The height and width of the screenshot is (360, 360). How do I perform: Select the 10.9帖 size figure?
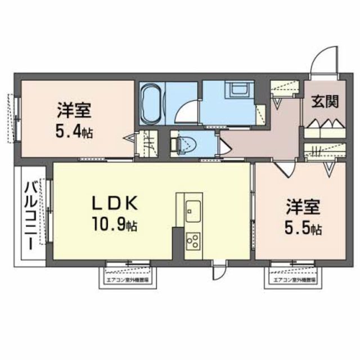115,226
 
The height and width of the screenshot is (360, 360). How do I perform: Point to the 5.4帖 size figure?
74,133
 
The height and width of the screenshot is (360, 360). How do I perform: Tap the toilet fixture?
181,144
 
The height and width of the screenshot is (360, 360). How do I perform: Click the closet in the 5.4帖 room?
147,144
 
